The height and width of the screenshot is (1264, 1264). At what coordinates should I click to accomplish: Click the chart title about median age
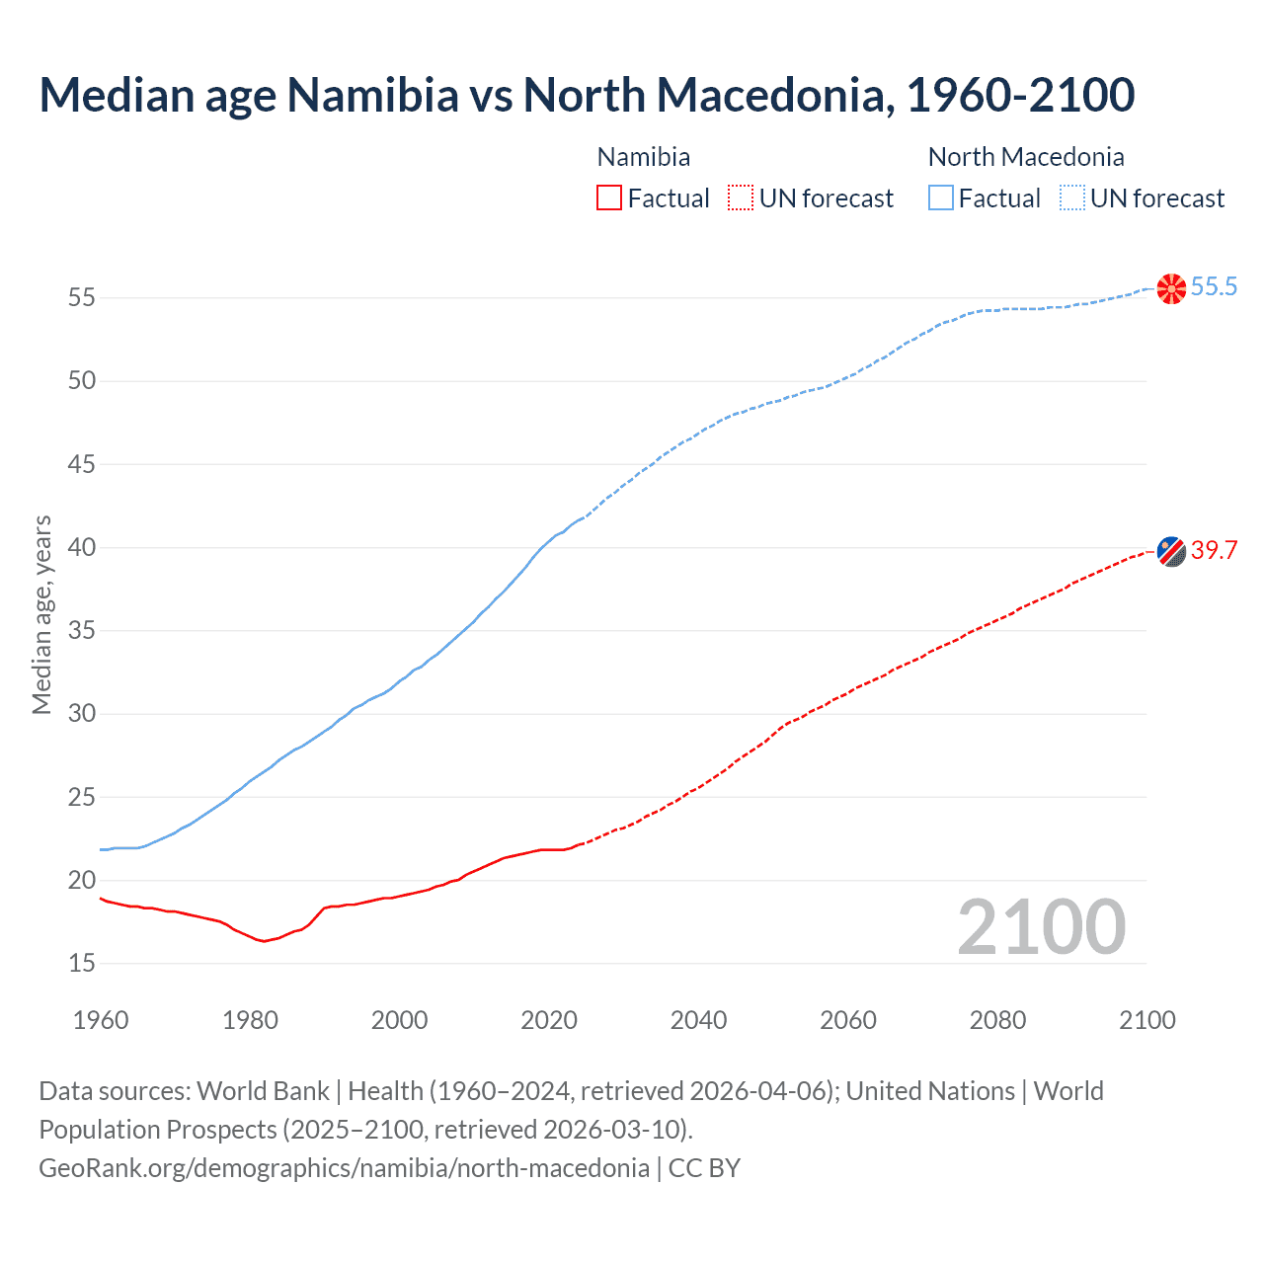click(587, 95)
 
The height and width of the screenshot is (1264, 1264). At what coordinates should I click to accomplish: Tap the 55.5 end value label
click(1214, 286)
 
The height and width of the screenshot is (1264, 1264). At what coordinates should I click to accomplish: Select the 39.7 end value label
click(1214, 550)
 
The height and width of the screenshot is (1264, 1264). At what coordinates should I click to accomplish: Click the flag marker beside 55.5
click(1171, 288)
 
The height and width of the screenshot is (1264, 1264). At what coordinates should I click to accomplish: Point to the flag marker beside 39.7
click(1171, 551)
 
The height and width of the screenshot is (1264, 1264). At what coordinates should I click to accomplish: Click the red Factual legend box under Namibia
click(609, 198)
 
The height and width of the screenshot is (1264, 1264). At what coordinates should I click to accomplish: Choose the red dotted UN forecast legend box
click(741, 198)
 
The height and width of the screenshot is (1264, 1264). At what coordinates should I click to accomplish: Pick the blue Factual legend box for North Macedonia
click(941, 198)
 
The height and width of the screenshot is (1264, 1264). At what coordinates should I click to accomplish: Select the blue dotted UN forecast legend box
click(1071, 198)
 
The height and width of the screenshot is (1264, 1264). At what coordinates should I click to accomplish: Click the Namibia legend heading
click(644, 157)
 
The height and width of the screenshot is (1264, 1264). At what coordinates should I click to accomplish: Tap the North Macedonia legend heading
click(1026, 157)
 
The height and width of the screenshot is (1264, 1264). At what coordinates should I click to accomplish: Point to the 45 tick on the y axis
click(81, 464)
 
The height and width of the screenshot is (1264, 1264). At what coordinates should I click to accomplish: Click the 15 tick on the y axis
click(81, 963)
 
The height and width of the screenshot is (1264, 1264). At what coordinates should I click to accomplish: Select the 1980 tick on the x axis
click(250, 1020)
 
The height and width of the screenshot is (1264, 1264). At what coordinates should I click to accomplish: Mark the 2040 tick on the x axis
click(698, 1020)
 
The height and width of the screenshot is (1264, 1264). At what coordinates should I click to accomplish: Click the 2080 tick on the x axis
click(997, 1020)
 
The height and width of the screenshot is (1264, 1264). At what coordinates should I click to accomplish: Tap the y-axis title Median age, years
click(41, 614)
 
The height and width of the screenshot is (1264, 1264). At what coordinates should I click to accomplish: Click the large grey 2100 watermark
click(1042, 926)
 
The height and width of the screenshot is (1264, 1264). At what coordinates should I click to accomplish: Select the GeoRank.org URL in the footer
click(344, 1168)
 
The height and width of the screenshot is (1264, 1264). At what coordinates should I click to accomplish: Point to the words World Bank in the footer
click(263, 1091)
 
